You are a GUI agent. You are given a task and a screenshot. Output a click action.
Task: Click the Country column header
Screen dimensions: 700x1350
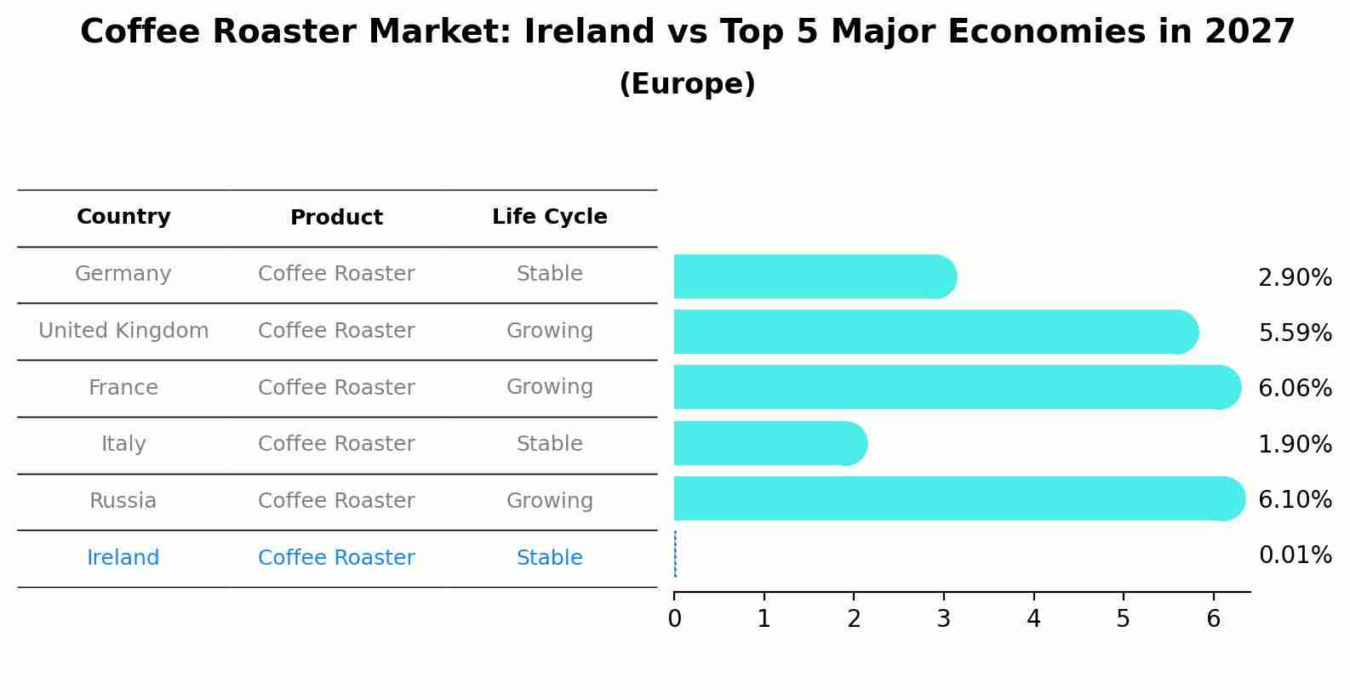(123, 217)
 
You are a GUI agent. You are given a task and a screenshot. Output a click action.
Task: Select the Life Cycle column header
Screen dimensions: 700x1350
(549, 217)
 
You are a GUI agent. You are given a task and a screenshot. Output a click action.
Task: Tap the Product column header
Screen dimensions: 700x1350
(336, 218)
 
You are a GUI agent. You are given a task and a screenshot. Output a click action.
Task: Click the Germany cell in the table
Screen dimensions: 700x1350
(123, 274)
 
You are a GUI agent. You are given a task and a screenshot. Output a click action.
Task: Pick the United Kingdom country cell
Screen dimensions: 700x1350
(123, 331)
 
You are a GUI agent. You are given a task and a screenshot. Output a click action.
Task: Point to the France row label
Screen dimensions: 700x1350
(123, 388)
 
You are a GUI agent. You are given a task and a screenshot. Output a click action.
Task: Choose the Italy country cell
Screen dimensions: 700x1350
(123, 444)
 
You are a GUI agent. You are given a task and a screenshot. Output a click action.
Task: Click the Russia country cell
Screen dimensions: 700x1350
(123, 501)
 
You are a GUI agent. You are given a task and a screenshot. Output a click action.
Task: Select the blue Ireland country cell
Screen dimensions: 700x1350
(123, 558)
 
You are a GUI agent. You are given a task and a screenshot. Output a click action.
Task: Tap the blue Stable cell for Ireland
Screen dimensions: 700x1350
(549, 558)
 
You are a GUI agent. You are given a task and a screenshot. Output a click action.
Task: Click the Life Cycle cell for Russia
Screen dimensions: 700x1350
(549, 501)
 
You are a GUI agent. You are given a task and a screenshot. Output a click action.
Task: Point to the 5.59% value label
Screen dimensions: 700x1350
(1295, 333)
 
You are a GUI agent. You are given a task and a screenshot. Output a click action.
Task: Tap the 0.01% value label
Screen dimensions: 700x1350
(1295, 555)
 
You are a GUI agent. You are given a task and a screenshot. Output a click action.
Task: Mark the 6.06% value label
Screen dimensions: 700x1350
(1295, 388)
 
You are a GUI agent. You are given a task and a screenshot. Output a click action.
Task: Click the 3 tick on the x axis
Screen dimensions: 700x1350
(943, 619)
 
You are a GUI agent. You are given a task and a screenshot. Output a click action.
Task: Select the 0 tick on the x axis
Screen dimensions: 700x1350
(674, 619)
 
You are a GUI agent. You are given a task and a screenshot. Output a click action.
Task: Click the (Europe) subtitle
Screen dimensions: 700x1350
(687, 84)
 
